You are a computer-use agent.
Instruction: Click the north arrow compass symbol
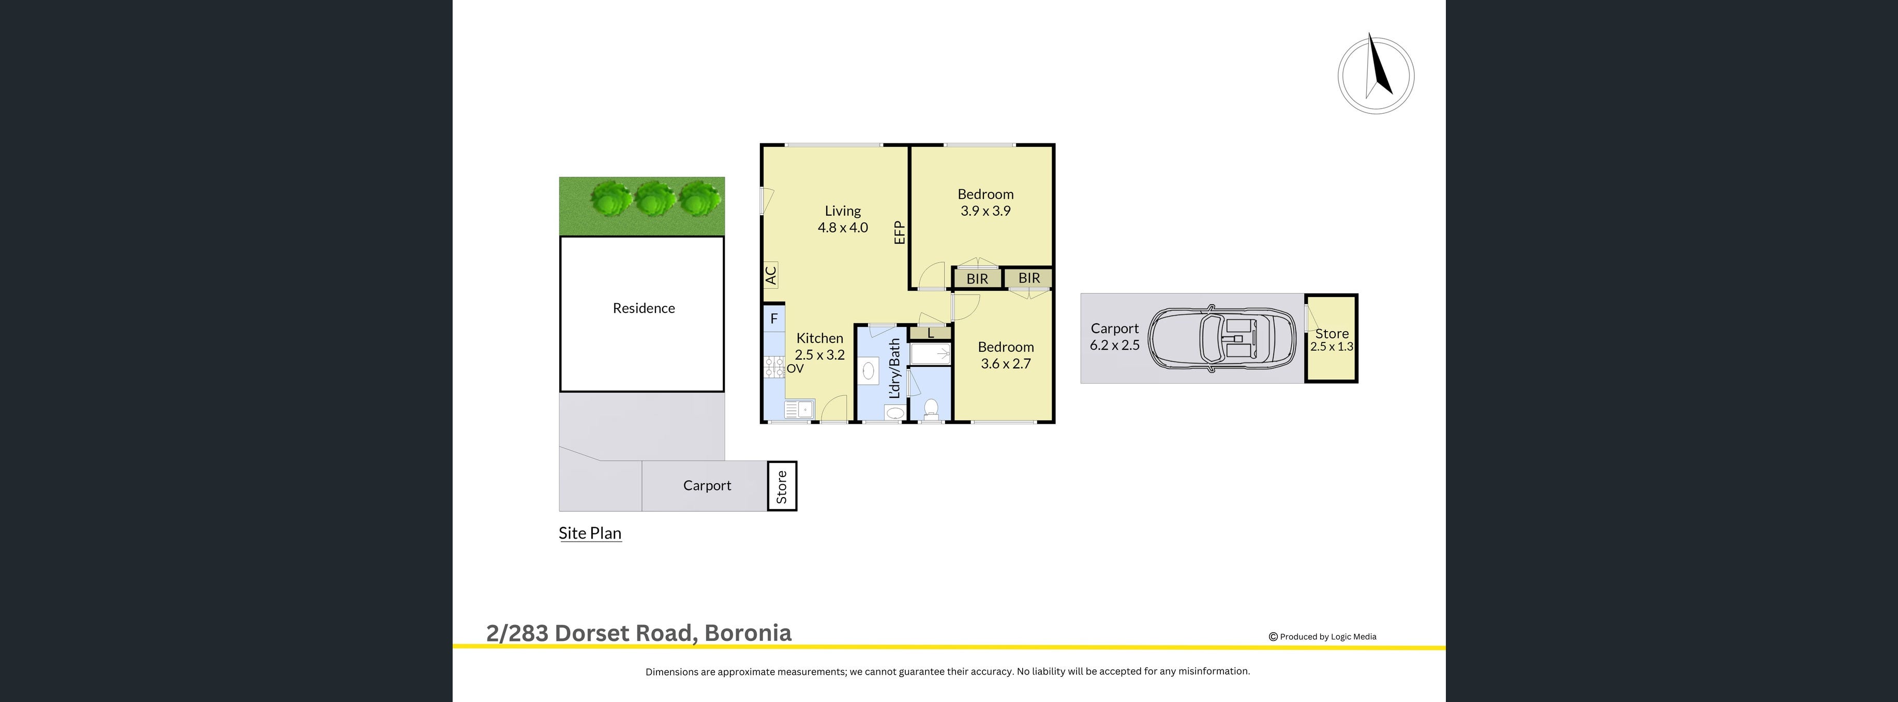[1376, 74]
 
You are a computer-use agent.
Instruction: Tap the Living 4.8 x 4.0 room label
[842, 219]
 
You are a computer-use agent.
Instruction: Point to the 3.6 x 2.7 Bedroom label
[1006, 355]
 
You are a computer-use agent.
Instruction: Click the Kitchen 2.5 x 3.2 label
[819, 346]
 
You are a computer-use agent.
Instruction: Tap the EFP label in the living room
[899, 233]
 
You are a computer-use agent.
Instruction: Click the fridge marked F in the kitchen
[774, 318]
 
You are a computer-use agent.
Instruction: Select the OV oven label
[795, 369]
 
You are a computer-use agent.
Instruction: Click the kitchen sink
[799, 409]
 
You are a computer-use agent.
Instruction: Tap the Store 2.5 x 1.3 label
[1332, 339]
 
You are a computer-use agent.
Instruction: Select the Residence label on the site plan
[643, 308]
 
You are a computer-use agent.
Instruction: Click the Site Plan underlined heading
[589, 533]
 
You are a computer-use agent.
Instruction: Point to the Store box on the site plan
[782, 486]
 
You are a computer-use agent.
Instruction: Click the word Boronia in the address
[748, 633]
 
